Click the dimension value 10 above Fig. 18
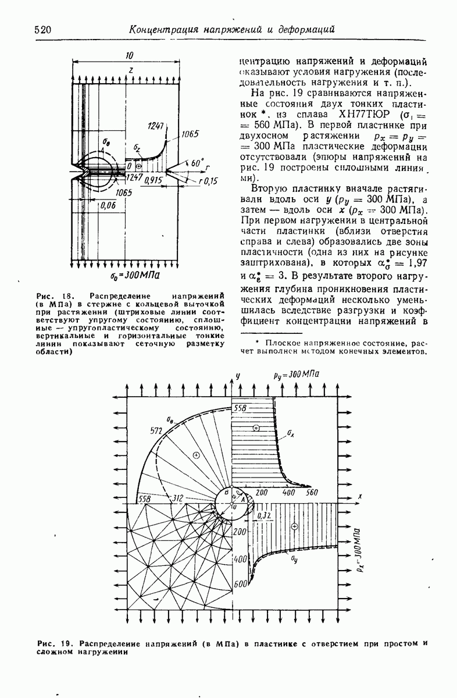pos(128,55)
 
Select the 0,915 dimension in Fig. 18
pos(153,179)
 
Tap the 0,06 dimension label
pos(106,205)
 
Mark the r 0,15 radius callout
pos(206,181)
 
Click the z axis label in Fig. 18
pos(131,69)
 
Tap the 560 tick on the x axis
pos(313,493)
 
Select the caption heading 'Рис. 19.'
pos(53,643)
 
